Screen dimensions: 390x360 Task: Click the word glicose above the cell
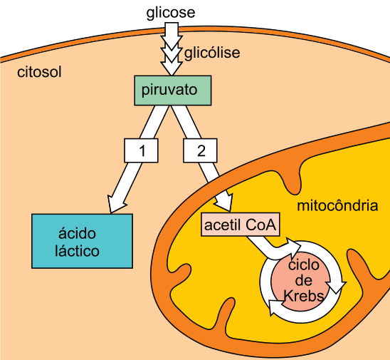(x=171, y=12)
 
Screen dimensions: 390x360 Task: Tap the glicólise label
(x=212, y=53)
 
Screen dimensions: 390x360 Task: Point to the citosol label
(x=39, y=72)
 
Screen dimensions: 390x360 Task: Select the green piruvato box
(x=173, y=91)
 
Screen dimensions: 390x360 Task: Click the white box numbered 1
(x=141, y=150)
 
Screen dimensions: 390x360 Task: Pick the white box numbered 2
(x=200, y=150)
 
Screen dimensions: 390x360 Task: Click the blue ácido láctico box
(x=82, y=241)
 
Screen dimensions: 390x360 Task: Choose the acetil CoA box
(x=241, y=225)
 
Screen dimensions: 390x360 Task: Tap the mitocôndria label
(x=337, y=206)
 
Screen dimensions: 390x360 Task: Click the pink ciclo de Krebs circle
(x=301, y=282)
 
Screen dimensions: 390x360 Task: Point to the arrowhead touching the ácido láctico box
(x=116, y=205)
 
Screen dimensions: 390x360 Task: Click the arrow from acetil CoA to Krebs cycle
(x=273, y=249)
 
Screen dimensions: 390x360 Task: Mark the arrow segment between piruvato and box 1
(x=154, y=122)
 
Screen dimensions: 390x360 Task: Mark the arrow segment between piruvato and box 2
(x=186, y=122)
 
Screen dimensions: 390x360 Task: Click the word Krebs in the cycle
(x=303, y=296)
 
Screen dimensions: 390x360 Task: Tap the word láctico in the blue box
(x=77, y=250)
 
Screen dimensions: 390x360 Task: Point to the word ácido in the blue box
(x=77, y=233)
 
